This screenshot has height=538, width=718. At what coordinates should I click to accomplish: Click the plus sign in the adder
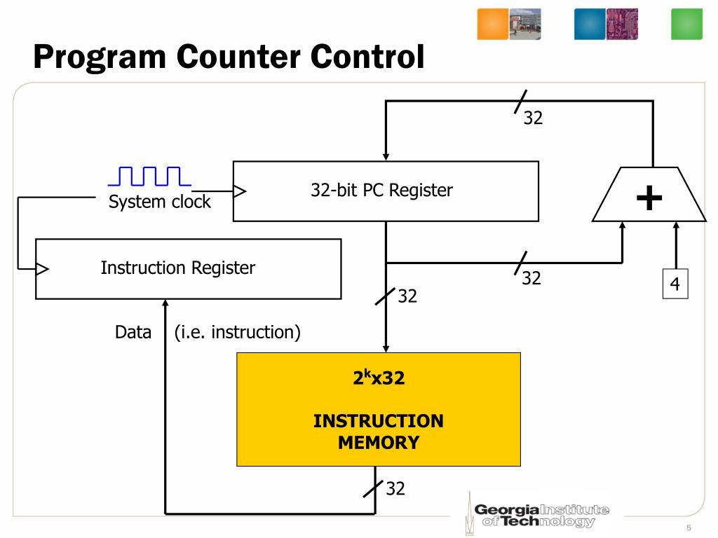pos(649,198)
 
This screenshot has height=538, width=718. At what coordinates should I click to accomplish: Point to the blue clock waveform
pos(149,176)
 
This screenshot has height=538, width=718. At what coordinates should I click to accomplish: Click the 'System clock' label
pos(159,202)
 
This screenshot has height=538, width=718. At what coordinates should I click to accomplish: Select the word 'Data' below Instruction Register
pos(133,332)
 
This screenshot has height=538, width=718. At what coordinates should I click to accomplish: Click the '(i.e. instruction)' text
pos(238,332)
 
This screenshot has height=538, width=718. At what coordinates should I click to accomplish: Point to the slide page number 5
pos(689,527)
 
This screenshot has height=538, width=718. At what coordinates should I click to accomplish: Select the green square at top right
pos(686,24)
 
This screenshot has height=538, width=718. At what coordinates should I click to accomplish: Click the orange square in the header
pos(492,24)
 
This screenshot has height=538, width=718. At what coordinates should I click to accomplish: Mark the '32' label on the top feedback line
pos(533,118)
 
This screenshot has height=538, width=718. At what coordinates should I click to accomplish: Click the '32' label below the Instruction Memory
pos(395,488)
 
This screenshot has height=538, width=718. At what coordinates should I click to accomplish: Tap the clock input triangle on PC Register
pos(240,191)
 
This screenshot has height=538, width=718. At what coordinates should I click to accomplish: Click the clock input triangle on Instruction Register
pos(42,268)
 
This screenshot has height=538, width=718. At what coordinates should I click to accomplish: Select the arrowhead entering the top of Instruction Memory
pos(385,347)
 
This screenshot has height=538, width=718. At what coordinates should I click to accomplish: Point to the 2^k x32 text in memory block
pos(378,378)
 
